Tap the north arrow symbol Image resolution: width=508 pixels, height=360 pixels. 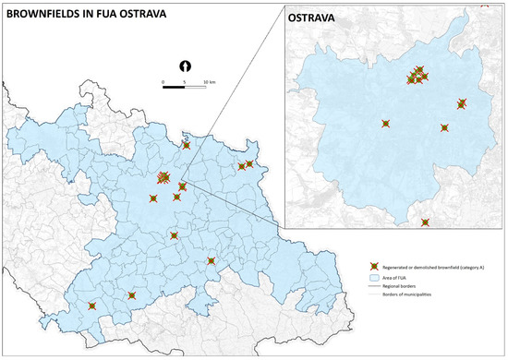[x=185, y=66]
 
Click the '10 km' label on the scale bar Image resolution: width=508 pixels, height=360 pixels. [x=210, y=83]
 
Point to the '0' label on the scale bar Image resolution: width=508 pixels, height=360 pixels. [x=163, y=83]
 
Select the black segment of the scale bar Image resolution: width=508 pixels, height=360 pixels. [x=174, y=78]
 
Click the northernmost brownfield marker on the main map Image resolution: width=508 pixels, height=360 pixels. [x=187, y=145]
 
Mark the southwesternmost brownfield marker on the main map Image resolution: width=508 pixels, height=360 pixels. [x=91, y=306]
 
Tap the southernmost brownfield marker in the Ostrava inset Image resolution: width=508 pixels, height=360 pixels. [x=425, y=222]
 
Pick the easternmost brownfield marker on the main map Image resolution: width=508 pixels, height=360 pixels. [x=249, y=164]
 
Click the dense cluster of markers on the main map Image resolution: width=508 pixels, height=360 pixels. [x=163, y=177]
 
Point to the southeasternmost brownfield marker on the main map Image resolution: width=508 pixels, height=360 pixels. [x=212, y=261]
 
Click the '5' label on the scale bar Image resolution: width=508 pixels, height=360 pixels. [x=185, y=83]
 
